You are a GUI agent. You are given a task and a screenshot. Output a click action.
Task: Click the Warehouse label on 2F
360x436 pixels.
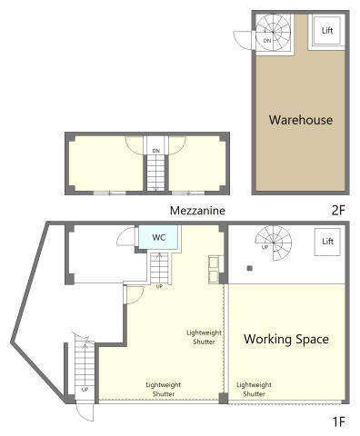(301, 120)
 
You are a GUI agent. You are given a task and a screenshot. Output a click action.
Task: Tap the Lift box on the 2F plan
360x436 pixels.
(327, 30)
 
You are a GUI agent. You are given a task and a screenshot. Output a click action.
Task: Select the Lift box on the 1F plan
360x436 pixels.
(327, 242)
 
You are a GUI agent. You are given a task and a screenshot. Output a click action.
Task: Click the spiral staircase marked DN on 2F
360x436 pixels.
(274, 33)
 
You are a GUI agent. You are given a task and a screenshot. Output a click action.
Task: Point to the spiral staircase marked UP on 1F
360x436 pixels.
(274, 243)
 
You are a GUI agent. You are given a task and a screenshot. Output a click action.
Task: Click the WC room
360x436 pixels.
(158, 237)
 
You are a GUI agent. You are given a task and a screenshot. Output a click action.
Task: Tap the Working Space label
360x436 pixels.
(286, 339)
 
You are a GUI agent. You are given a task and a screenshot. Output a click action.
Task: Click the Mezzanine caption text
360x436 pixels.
(197, 211)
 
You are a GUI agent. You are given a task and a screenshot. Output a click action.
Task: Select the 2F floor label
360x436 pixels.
(338, 210)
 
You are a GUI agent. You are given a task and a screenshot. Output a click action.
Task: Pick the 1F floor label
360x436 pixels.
(339, 421)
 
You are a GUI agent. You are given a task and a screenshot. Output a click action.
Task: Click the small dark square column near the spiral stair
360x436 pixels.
(249, 268)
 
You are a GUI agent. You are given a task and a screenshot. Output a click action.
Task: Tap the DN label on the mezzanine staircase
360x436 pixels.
(156, 151)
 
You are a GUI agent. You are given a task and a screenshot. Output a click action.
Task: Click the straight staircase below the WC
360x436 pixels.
(159, 268)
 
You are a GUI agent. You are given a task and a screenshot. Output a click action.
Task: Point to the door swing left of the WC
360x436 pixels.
(126, 237)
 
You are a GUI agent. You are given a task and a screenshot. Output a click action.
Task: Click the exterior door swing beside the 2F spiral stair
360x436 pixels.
(244, 40)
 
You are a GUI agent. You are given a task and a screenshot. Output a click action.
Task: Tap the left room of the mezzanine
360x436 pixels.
(105, 163)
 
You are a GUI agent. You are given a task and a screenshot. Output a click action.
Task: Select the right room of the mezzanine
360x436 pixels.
(197, 163)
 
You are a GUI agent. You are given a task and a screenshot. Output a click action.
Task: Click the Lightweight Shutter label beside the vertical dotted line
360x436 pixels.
(204, 337)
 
